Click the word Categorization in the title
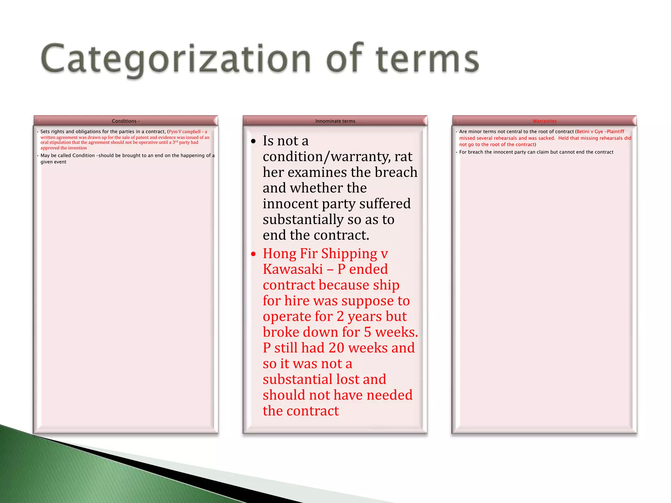(175, 59)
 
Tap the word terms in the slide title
(427, 59)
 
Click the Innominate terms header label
(335, 121)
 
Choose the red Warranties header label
(545, 121)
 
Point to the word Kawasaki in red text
(293, 269)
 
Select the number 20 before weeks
(336, 348)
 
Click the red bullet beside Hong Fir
(253, 254)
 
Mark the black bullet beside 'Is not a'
(253, 141)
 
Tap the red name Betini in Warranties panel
(583, 132)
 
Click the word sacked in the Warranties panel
(546, 138)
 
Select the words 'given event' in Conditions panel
(53, 162)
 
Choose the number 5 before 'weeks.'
(368, 332)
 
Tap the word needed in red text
(390, 395)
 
